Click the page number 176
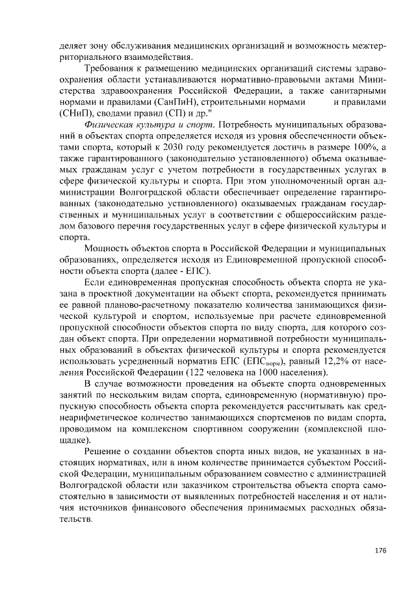(x=380, y=551)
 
